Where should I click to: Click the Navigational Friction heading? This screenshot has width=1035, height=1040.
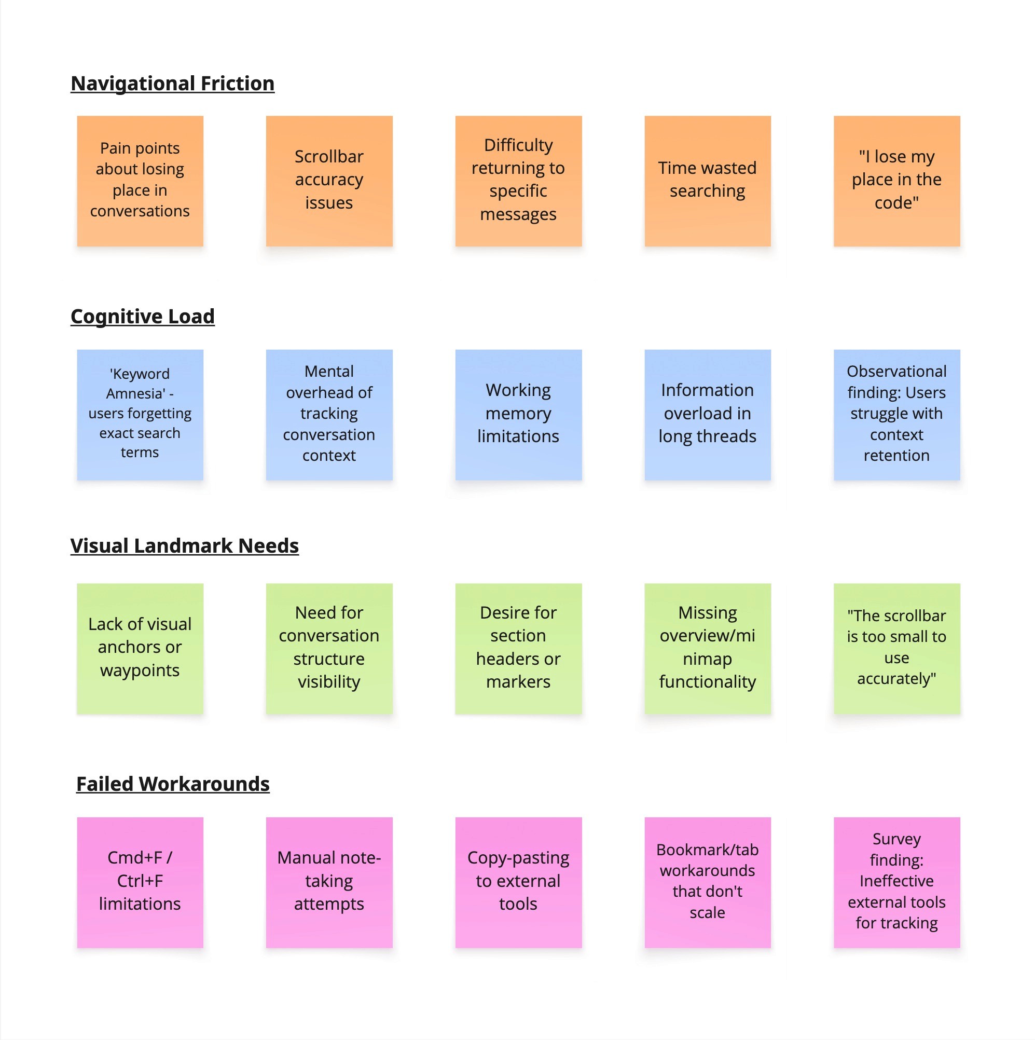[x=172, y=84]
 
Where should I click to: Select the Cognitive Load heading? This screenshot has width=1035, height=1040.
[x=143, y=316]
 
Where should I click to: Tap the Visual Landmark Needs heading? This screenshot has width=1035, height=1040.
[x=184, y=545]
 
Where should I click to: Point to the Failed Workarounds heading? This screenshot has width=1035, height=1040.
[x=173, y=784]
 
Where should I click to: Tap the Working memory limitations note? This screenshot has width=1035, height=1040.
[x=518, y=414]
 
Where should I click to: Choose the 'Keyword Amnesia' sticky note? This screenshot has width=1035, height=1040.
[x=140, y=414]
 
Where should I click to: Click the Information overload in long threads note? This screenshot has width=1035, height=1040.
[x=707, y=414]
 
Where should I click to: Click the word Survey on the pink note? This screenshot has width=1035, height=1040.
[x=896, y=839]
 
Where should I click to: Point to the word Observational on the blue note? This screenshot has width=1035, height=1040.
[x=896, y=372]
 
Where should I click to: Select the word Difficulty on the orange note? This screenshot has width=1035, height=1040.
[x=518, y=145]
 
